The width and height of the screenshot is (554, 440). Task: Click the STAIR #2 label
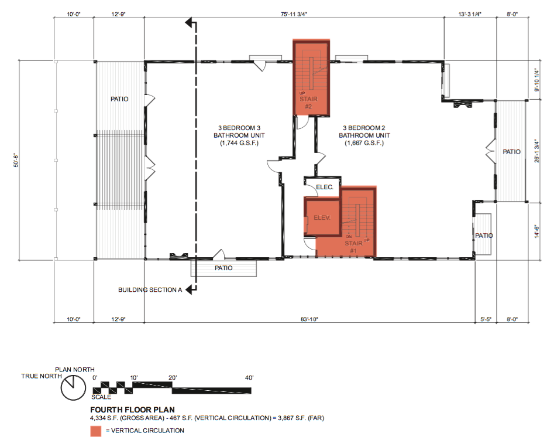308,103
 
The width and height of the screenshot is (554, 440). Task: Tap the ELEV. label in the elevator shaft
322,217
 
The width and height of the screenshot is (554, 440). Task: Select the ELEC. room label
324,187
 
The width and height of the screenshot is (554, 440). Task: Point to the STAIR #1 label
353,247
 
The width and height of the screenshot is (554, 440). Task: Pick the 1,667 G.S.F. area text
362,143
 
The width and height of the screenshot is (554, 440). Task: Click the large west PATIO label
119,100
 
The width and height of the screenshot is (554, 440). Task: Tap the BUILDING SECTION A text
150,289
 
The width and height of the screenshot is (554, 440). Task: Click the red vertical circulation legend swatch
95,431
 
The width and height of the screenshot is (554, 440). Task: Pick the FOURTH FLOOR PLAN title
132,410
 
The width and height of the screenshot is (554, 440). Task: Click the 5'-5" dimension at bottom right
485,319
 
